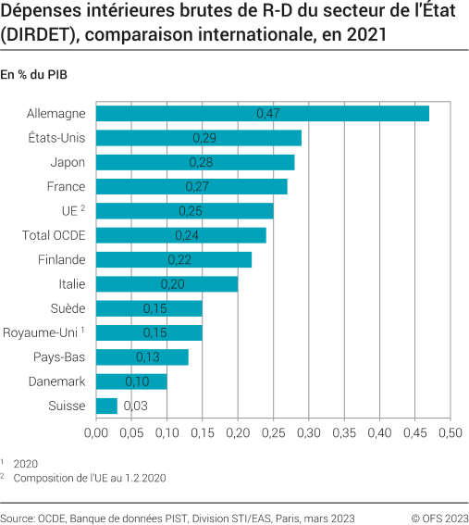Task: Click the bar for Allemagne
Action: [x=263, y=114]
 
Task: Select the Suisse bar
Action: [x=106, y=406]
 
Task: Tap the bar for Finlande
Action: [x=174, y=259]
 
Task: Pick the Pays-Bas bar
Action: [x=142, y=356]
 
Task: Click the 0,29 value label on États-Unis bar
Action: [x=205, y=138]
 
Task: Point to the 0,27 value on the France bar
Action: [x=198, y=187]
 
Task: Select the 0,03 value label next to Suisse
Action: [x=137, y=406]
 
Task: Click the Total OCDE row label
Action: [x=54, y=235]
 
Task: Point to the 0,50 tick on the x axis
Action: [x=450, y=432]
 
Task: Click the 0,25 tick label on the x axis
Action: [x=273, y=432]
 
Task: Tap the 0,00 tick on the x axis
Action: [x=96, y=432]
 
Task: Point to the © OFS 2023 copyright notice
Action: [x=439, y=518]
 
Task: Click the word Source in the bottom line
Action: [x=19, y=518]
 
